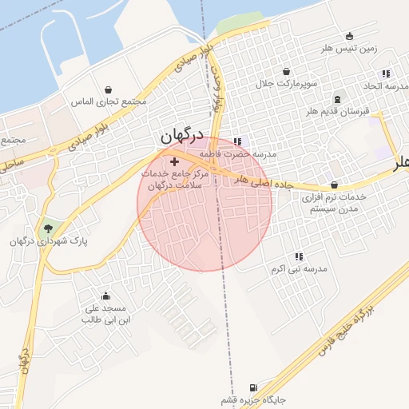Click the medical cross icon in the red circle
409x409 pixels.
coord(174,161)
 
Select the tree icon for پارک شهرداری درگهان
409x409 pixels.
coord(49,228)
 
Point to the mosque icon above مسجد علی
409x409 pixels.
coord(105,296)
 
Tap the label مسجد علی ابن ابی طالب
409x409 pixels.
coord(105,313)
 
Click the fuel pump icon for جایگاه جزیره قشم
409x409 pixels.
coord(254,386)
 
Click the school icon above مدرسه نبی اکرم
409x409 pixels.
coord(299,256)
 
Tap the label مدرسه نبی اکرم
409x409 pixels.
coord(299,269)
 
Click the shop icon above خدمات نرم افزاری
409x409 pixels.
coord(333,185)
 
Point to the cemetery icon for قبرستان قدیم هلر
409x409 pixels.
coord(337,101)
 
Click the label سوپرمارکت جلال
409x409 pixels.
coord(287,83)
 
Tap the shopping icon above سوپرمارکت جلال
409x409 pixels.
coord(287,71)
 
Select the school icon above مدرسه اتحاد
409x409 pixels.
coord(387,73)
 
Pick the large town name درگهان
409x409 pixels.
coord(182,137)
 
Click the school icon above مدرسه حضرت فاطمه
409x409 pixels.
coord(236,141)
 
